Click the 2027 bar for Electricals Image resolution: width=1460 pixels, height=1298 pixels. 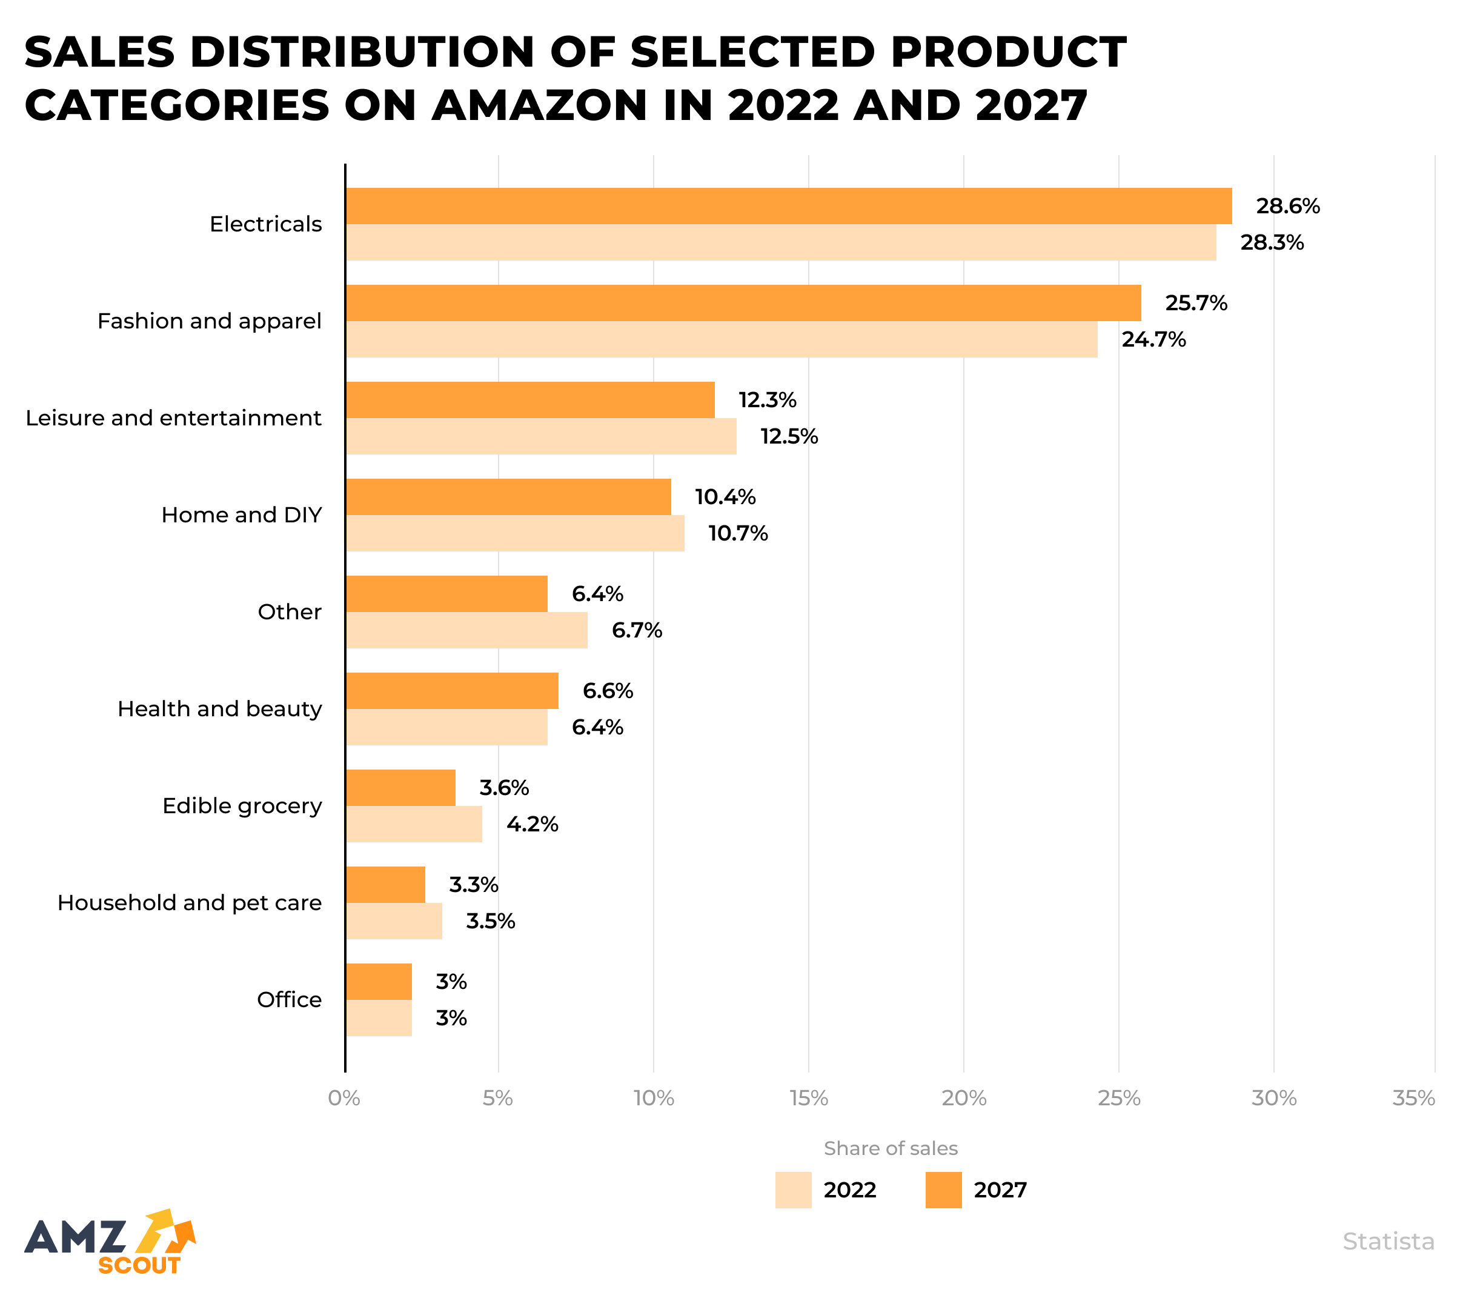[789, 206]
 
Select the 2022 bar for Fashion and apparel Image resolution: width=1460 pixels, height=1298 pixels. [722, 339]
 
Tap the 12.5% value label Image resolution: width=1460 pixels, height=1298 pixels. [789, 436]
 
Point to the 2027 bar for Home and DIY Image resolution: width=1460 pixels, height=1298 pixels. [508, 496]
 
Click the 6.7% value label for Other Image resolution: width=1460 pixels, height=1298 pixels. [637, 630]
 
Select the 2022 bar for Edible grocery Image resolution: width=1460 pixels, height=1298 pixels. [414, 824]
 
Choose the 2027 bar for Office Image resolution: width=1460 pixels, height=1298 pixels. [379, 982]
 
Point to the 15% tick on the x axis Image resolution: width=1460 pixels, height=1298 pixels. [809, 1098]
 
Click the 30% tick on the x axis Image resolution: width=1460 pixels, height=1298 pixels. [1273, 1098]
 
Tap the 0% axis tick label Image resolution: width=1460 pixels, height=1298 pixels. [343, 1098]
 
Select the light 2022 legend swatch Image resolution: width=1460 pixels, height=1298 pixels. [793, 1190]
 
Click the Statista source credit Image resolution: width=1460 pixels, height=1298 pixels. [1388, 1242]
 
